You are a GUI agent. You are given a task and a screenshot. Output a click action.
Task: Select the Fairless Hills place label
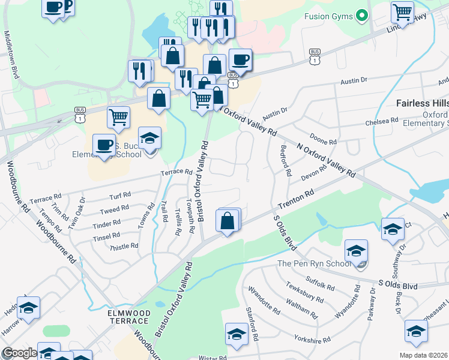(x=422, y=103)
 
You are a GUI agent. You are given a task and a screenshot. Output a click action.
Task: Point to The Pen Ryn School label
(x=314, y=264)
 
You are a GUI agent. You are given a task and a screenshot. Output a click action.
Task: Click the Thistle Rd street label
(x=124, y=246)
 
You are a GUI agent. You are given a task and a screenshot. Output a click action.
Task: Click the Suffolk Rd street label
(x=320, y=283)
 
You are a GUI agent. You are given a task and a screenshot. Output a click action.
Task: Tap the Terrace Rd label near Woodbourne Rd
(x=46, y=197)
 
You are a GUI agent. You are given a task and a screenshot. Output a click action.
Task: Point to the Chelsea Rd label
(x=382, y=121)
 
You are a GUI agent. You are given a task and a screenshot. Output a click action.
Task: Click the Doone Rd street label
(x=323, y=142)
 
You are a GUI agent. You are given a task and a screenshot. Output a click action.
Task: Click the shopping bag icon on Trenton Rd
(x=228, y=221)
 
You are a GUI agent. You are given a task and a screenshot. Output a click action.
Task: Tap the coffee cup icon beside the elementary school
(x=104, y=145)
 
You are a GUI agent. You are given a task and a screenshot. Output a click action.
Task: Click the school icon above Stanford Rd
(x=237, y=334)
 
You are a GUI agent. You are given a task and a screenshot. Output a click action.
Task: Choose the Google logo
(x=19, y=353)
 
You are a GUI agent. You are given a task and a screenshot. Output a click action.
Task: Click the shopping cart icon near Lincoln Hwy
(x=402, y=11)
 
